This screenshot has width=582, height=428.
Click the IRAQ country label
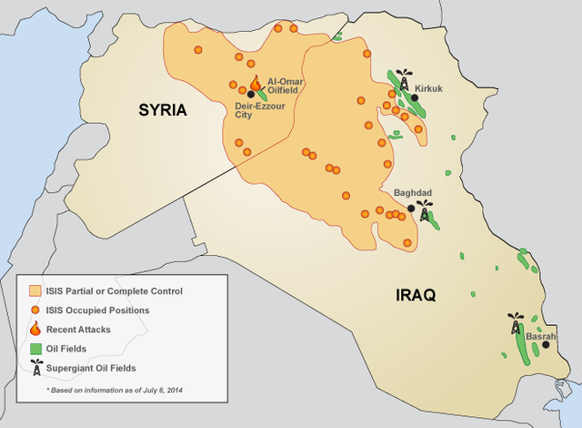[x=416, y=295]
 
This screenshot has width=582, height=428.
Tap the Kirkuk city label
[x=427, y=88]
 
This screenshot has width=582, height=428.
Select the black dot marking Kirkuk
[x=415, y=97]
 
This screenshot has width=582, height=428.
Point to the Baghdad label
[x=411, y=193]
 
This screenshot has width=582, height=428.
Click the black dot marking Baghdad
[x=411, y=209]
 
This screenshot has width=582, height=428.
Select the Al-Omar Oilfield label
[x=285, y=86]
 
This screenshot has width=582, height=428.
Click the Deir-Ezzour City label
[x=254, y=108]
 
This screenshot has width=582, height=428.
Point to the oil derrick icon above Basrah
[x=516, y=324]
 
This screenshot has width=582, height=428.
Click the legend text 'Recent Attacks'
[x=78, y=329]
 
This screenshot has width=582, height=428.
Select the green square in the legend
[x=35, y=348]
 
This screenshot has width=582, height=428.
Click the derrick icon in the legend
[x=35, y=367]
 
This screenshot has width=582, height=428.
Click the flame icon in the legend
[x=35, y=328]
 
